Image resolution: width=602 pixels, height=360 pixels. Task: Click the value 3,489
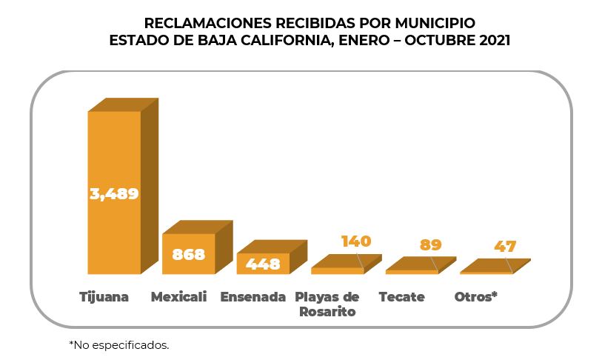(114, 193)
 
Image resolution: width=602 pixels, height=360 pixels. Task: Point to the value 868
(188, 254)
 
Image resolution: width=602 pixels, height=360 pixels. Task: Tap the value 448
(263, 264)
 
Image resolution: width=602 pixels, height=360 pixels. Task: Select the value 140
(355, 241)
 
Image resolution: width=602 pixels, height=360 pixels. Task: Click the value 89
(430, 244)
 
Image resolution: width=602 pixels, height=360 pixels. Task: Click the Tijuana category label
(104, 297)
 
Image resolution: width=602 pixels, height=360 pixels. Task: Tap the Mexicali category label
(178, 297)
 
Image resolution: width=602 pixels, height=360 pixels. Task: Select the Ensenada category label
(252, 297)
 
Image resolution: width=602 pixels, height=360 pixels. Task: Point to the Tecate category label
(401, 297)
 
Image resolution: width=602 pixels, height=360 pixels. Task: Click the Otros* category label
(475, 297)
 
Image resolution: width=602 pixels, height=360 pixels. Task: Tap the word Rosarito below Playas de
(327, 312)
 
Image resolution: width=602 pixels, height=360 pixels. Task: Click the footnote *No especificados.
(118, 344)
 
